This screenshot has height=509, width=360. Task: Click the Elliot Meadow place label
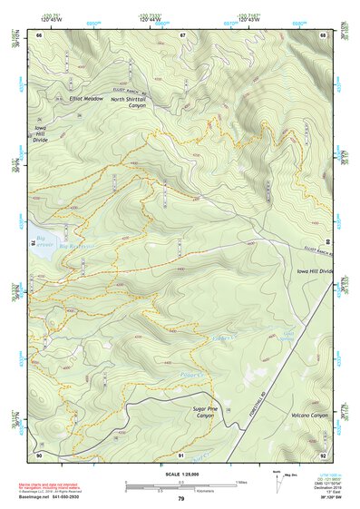(x=87, y=98)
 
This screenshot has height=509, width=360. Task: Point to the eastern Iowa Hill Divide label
(x=315, y=271)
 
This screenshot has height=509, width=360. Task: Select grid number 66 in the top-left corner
(x=40, y=34)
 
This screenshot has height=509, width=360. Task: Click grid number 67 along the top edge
(x=182, y=34)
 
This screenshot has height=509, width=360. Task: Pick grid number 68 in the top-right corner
(x=324, y=34)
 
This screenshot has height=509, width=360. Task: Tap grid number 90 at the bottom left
(x=40, y=454)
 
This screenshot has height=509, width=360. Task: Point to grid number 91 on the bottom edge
(x=182, y=454)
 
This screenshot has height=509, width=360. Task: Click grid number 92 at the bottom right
(x=324, y=454)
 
